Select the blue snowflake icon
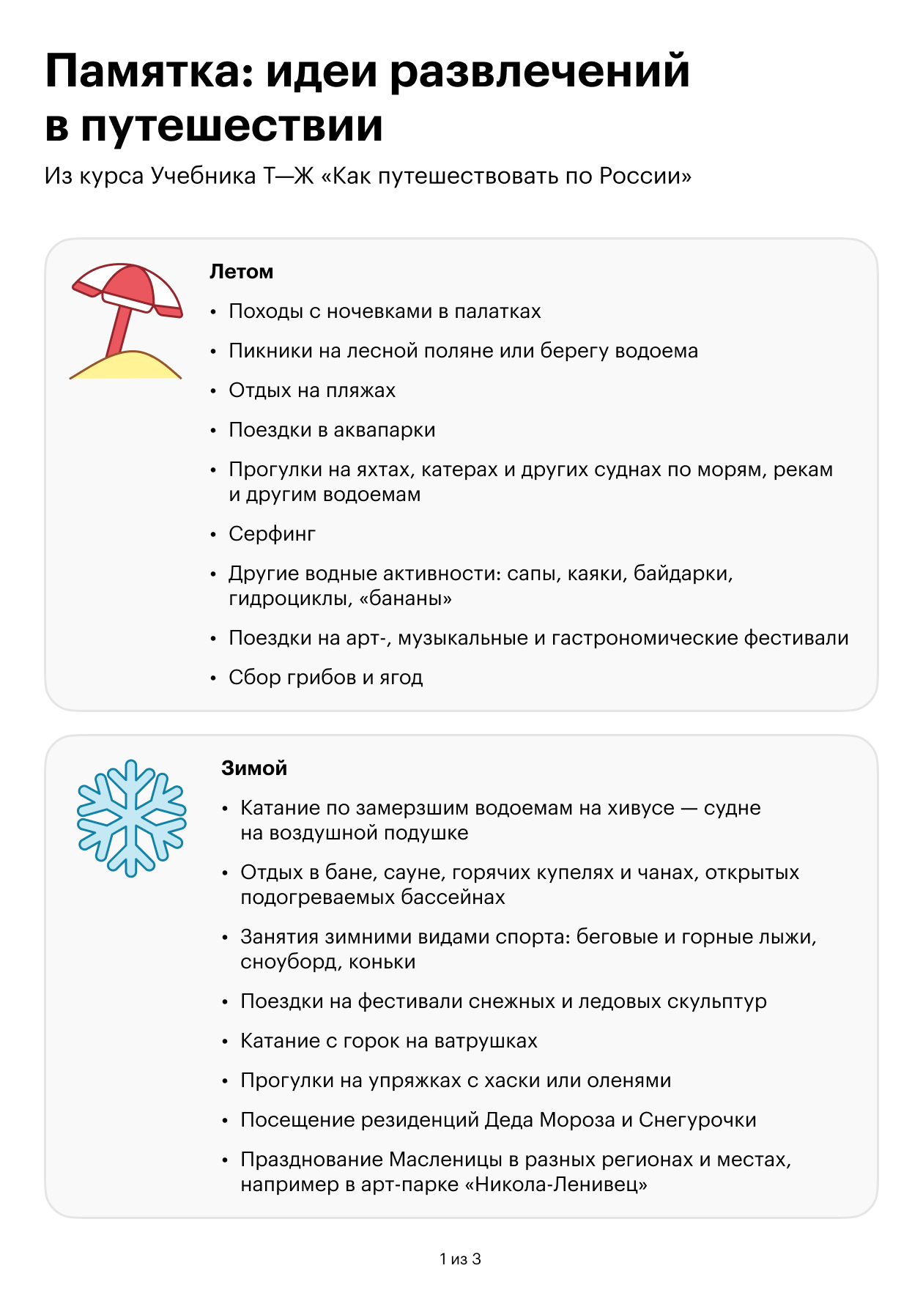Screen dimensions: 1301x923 pyautogui.click(x=132, y=817)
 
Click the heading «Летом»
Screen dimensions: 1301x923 pyautogui.click(x=241, y=272)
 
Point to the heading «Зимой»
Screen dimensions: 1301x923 pyautogui.click(x=254, y=768)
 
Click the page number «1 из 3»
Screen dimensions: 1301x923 pyautogui.click(x=460, y=1259)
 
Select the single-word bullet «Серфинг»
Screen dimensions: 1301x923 pyautogui.click(x=272, y=534)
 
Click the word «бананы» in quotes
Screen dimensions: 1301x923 pyautogui.click(x=405, y=599)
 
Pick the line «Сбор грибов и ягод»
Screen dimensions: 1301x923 pyautogui.click(x=325, y=678)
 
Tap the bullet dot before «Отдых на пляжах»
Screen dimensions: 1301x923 pyautogui.click(x=214, y=391)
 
